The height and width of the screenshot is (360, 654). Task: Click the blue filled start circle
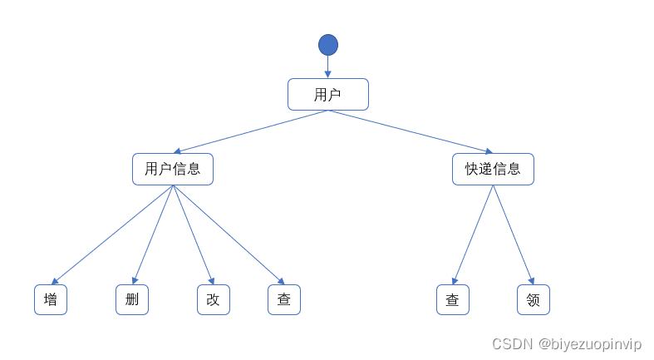327,45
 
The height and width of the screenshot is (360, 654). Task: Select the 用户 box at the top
327,95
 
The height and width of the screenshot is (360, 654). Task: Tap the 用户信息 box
173,169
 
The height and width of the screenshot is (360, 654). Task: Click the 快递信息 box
493,169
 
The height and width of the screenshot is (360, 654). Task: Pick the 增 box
51,300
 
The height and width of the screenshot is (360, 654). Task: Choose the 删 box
132,300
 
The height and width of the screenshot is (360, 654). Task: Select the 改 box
214,300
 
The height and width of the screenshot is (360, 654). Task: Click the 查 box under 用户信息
284,300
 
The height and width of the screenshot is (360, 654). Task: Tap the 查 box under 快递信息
453,300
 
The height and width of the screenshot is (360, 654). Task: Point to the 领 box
534,300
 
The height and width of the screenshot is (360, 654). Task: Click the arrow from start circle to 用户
327,67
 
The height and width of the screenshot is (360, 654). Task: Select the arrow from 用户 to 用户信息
250,131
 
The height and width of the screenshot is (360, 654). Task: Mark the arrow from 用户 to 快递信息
411,131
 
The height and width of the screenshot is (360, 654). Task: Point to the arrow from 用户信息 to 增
112,234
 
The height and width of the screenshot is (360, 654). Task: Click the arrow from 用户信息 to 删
153,234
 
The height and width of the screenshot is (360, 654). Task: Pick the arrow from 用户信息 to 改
193,234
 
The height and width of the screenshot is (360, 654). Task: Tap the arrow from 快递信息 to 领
513,234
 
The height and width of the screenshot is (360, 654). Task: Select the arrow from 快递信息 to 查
473,234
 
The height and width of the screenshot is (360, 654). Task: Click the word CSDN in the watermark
511,344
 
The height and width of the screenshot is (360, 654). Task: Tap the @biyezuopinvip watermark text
589,344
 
